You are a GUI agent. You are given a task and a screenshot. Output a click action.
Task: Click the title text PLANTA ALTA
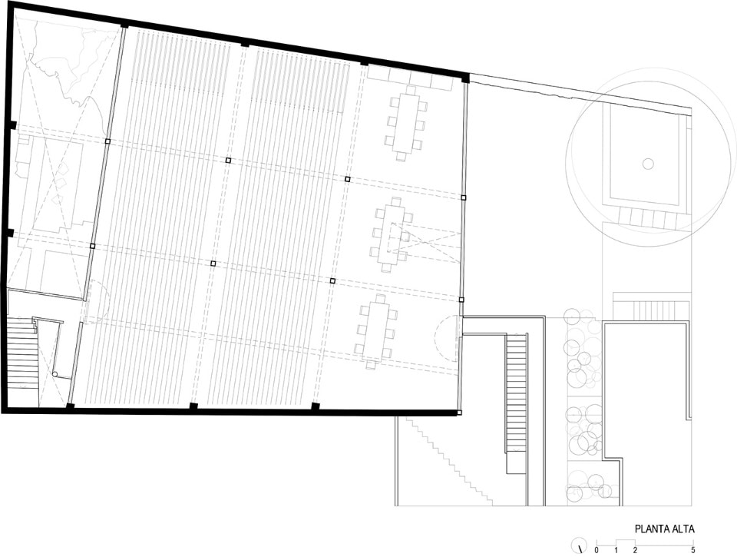[x=664, y=529]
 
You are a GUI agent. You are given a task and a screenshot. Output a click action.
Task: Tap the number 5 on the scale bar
[x=692, y=550]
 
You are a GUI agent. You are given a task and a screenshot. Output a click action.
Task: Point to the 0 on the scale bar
[x=597, y=550]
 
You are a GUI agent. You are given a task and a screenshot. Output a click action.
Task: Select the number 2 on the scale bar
[x=635, y=550]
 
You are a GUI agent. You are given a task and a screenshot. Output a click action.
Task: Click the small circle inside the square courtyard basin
[x=648, y=164]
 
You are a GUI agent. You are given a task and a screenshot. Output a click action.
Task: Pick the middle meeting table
[x=393, y=235]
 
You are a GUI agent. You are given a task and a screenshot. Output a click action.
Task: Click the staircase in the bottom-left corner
[x=22, y=356]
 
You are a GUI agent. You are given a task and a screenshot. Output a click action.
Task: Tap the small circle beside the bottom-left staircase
[x=55, y=374]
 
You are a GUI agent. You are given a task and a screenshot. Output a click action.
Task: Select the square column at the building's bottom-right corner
[x=459, y=413]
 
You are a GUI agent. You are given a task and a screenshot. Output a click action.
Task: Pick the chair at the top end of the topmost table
[x=411, y=91]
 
